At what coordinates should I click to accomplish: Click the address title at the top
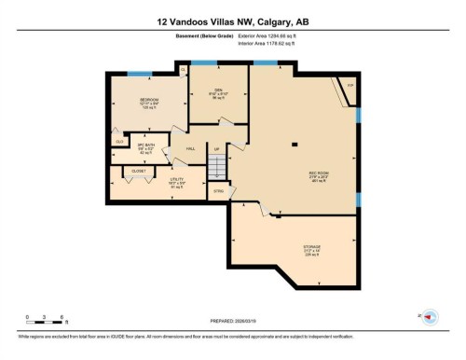(232, 21)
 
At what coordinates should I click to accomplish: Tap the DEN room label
(215, 90)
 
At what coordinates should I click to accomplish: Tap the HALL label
(190, 149)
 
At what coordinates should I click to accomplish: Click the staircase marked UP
(216, 166)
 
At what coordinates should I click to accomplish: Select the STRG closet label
(219, 192)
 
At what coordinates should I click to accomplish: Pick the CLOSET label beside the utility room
(138, 173)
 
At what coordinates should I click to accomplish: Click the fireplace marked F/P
(350, 86)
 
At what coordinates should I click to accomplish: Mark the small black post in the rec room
(294, 144)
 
